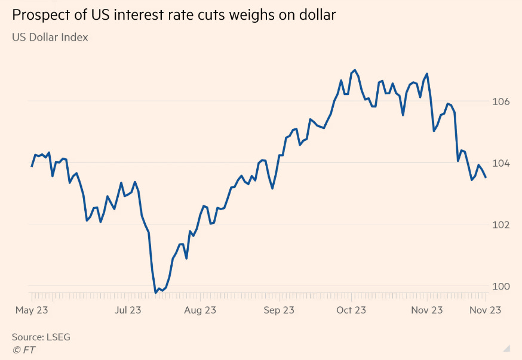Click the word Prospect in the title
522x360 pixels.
coord(39,15)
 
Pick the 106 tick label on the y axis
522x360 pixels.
coord(501,101)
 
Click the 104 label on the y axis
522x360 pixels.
coord(501,163)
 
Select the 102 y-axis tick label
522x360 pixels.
coord(501,224)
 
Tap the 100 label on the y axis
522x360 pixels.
coord(501,286)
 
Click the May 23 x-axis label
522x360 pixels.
coord(32,310)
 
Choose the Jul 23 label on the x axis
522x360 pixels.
coord(127,310)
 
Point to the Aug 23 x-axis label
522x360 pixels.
coord(200,310)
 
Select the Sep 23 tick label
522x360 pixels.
coord(278,310)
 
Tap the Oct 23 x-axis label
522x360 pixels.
coord(351,310)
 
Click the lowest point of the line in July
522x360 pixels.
coord(156,293)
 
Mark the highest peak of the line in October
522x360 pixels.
coord(355,70)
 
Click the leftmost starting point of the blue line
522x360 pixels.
coord(32,166)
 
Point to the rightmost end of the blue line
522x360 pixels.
coord(486,177)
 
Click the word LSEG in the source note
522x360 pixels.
coord(59,337)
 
